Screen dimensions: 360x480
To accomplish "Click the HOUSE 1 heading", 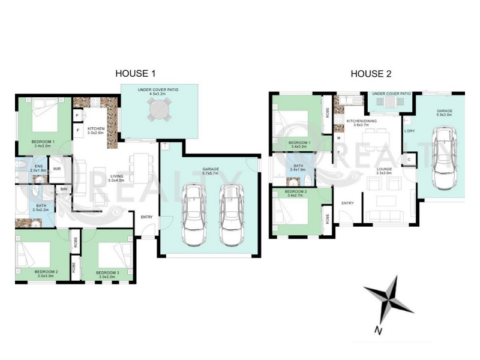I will pos(136,74).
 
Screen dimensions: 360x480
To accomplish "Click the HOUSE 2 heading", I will pos(371,74).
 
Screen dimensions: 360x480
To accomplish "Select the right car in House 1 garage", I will pos(230,215).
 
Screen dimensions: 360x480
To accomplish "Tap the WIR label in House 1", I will pos(58,169).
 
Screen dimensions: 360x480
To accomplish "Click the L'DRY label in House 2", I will pos(410,131).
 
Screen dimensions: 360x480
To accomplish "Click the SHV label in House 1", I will pos(64,189).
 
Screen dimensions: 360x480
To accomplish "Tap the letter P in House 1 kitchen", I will pos(78,115).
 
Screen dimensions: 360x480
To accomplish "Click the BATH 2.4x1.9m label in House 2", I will pos(298,167).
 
